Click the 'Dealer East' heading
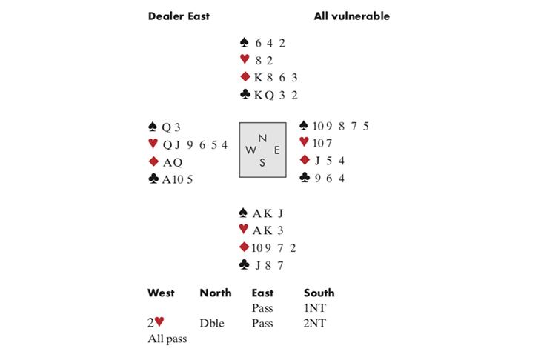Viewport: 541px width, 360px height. pos(178,16)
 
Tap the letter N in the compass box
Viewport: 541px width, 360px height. pos(262,138)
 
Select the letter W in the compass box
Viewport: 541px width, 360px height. pos(249,150)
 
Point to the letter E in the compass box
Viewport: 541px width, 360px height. pos(276,150)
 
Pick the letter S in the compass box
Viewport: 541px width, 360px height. pos(262,163)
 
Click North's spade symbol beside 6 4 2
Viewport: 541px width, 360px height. pos(245,43)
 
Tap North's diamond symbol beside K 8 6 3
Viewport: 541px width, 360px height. pos(245,77)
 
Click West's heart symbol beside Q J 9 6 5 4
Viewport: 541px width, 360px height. pos(153,144)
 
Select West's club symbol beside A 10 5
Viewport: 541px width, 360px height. pos(153,178)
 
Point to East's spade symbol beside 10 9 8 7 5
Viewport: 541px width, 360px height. pos(304,126)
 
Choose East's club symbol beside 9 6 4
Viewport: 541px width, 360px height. pos(304,178)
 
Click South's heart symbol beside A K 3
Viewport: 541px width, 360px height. pos(245,230)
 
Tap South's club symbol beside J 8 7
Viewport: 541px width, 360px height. pos(245,264)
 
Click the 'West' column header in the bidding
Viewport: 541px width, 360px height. pos(161,293)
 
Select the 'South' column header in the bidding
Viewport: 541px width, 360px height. pos(319,293)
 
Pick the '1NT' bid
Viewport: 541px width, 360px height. pos(314,308)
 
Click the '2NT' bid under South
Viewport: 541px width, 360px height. pos(314,323)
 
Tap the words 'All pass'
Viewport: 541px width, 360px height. pos(167,338)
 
